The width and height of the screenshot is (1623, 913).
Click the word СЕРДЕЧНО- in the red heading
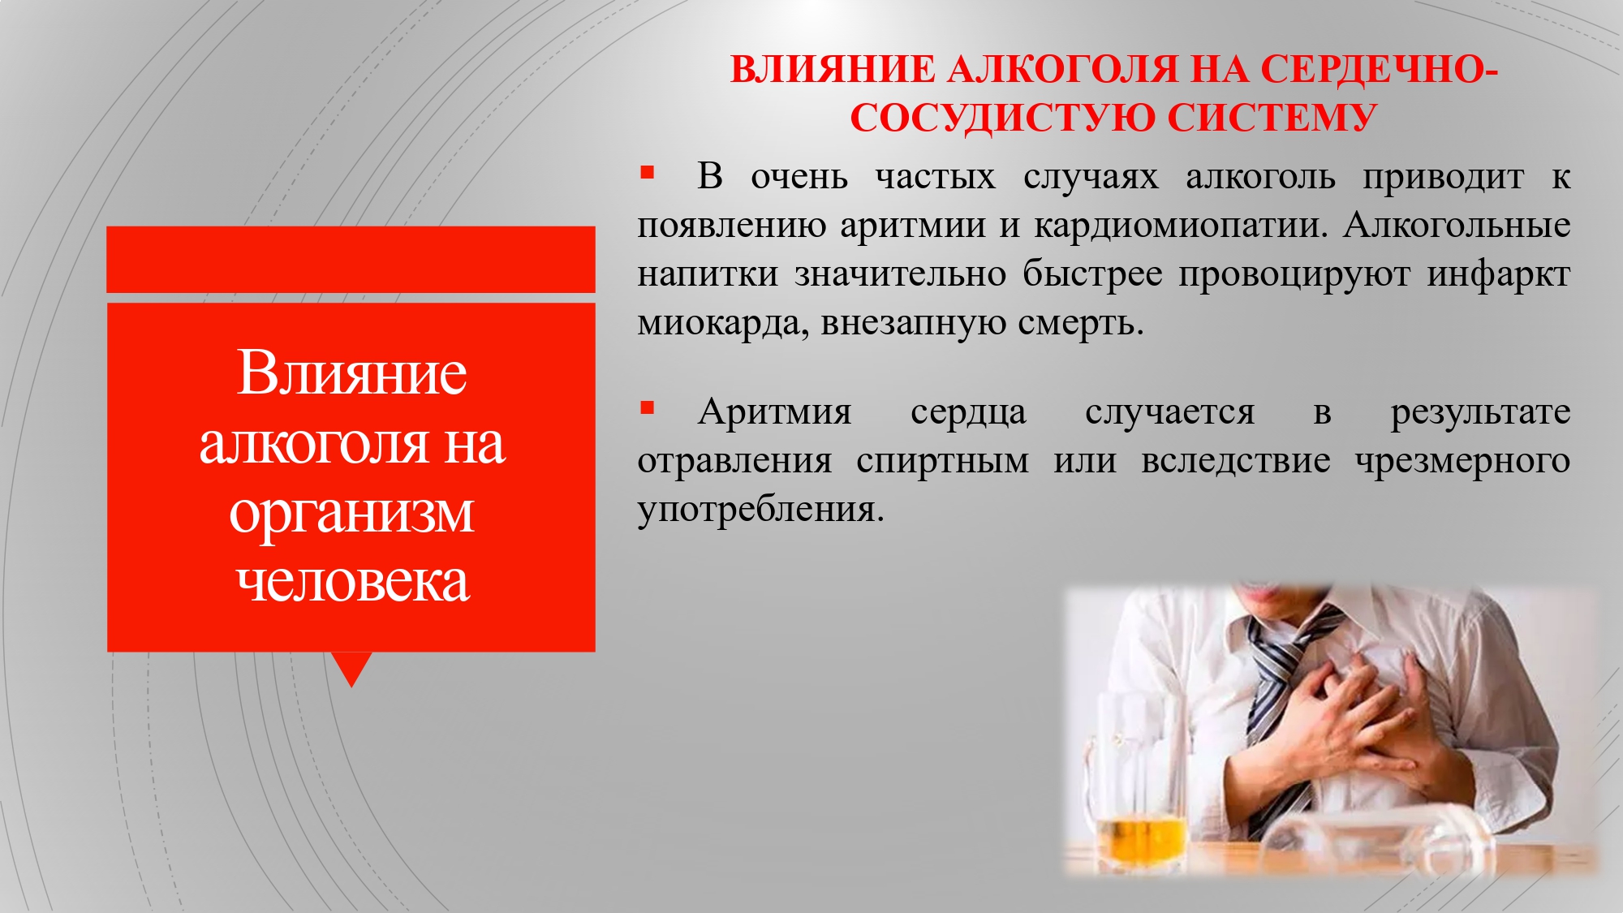[1378, 69]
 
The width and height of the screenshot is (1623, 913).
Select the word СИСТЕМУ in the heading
[1272, 118]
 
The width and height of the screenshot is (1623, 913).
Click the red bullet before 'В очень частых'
[647, 172]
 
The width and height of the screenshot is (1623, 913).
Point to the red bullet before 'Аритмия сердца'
[647, 407]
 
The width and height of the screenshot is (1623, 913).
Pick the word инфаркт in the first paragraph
[1498, 275]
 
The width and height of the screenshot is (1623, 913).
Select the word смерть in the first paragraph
[1081, 323]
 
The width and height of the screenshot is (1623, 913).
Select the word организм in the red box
[351, 515]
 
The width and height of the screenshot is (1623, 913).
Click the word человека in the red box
[352, 581]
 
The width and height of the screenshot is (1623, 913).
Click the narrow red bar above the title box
[351, 260]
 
